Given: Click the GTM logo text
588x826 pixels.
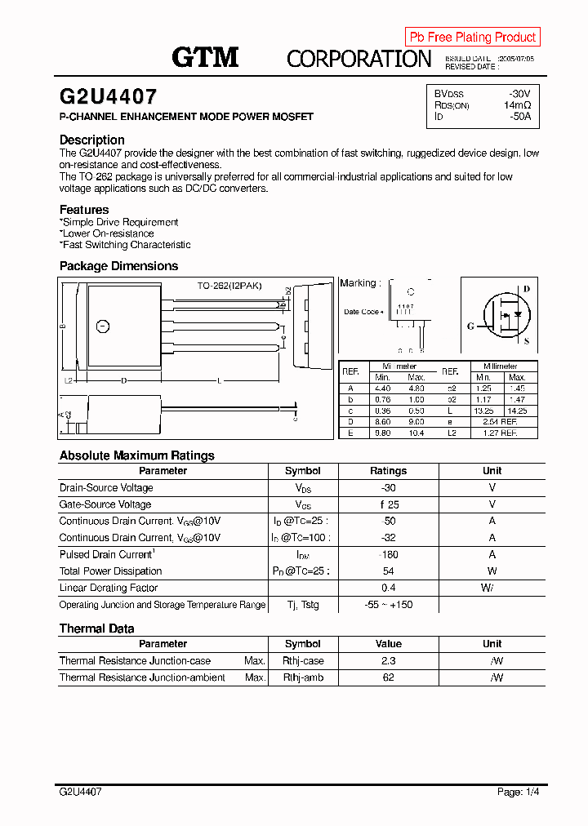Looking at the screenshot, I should pos(204,57).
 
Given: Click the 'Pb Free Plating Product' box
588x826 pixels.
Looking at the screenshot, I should pos(472,37).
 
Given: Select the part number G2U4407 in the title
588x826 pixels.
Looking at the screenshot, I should pos(108,97).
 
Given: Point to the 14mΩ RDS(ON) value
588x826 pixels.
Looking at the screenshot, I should pos(517,105).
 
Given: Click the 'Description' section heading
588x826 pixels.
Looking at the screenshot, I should pos(92,140).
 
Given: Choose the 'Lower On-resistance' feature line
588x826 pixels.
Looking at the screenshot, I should pos(108,233).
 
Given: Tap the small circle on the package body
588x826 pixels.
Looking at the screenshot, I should pos(102,327).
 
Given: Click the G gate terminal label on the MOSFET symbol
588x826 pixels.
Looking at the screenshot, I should pos(470,326).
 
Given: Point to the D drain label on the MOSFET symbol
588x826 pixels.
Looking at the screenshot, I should pos(526,288).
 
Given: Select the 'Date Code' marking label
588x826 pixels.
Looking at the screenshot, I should pos(362,312).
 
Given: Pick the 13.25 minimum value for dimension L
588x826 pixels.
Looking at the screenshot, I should pos(484,411).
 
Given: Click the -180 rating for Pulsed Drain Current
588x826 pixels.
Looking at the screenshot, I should pos(388,554).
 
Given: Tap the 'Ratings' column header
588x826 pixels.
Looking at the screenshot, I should pos(388,471).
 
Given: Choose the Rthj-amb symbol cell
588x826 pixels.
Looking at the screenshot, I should pos(303,677).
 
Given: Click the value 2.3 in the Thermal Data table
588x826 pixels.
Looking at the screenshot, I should pos(388,661).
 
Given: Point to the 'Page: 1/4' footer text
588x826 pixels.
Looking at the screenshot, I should pos(519,792).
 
